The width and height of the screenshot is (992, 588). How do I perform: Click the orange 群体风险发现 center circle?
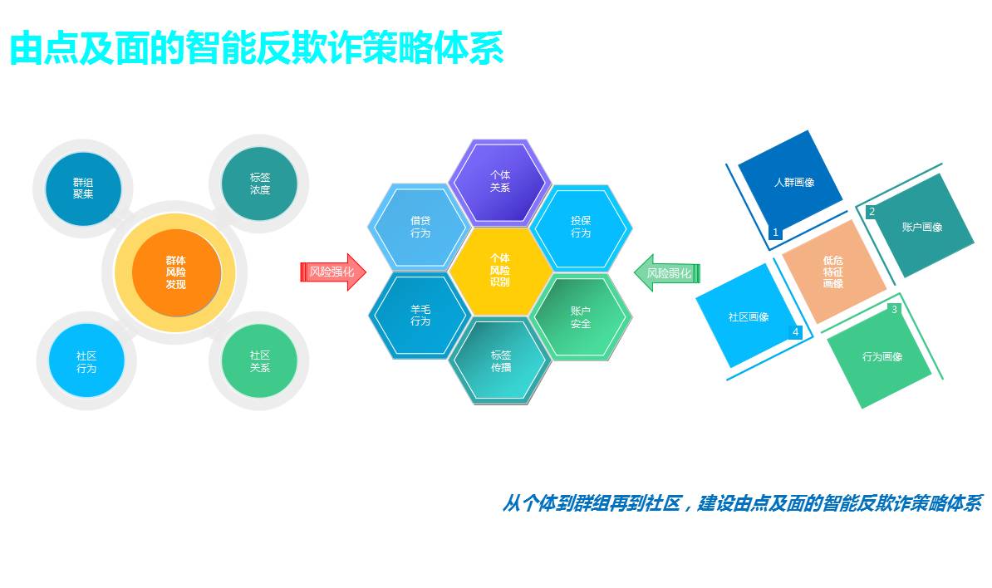point(176,272)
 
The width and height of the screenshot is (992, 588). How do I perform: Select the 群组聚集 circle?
point(83,189)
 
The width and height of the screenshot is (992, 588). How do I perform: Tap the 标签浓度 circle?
point(259,184)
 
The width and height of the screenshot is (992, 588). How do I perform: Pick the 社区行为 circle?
point(86,361)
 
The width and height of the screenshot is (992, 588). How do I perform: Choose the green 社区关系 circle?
point(259,361)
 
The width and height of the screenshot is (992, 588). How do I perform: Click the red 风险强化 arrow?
point(332,272)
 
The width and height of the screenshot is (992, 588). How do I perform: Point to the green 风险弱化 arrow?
point(667,272)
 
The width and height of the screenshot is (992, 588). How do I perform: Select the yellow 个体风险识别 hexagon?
point(500,271)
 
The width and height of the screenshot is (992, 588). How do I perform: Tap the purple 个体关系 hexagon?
point(500,181)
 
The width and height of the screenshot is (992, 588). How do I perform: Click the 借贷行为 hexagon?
point(420,227)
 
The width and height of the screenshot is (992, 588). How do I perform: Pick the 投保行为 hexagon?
point(581,227)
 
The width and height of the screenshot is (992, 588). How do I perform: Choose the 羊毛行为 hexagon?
point(420,316)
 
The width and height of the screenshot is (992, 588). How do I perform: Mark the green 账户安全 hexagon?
point(581,316)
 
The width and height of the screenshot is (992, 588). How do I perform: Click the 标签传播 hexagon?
point(500,361)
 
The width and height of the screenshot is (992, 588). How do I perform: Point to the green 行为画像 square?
point(879,355)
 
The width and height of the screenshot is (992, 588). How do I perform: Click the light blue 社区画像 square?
point(746,316)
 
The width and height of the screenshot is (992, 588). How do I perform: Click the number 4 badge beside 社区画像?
point(795,332)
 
